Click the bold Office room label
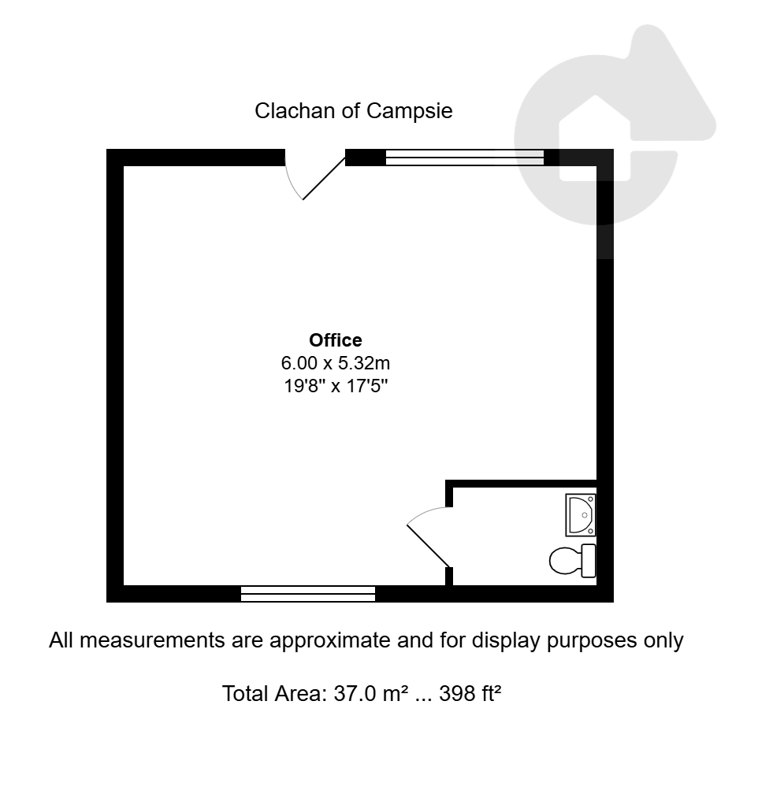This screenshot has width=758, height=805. tap(336, 339)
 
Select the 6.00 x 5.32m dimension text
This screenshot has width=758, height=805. tap(336, 363)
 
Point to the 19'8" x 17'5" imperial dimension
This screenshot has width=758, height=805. tap(336, 385)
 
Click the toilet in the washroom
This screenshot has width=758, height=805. tap(572, 561)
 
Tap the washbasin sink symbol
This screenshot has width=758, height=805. tap(581, 514)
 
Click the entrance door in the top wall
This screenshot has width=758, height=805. tap(324, 178)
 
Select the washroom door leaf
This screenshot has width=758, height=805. tap(429, 546)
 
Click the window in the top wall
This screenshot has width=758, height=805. tap(464, 158)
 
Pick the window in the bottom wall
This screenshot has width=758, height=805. tap(308, 593)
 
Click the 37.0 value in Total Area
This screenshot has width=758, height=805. tap(355, 694)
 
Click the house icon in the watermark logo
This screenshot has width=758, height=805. tap(595, 138)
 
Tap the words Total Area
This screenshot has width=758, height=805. tap(275, 694)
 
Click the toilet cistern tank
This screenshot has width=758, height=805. tap(589, 561)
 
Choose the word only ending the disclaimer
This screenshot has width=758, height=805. tap(666, 641)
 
